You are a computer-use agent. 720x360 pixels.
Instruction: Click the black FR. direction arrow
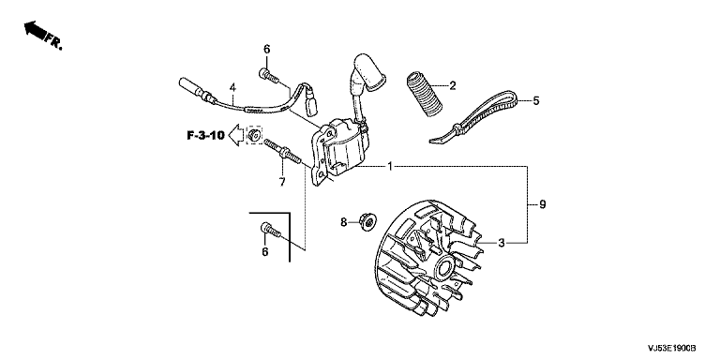[x=36, y=30]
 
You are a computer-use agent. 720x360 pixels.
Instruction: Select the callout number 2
[x=452, y=85]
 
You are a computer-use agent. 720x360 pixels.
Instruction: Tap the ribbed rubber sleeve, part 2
[x=423, y=94]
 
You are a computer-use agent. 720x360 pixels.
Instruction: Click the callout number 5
[x=536, y=101]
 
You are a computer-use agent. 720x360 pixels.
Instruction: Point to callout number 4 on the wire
[x=232, y=87]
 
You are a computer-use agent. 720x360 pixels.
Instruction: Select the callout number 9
[x=542, y=204]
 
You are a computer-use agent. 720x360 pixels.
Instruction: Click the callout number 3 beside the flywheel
[x=502, y=243]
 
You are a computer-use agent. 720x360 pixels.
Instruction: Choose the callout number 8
[x=343, y=223]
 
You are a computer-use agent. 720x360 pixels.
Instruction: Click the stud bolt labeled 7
[x=282, y=151]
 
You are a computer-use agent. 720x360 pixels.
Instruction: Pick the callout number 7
[x=282, y=182]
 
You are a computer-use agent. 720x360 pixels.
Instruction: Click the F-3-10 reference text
[x=205, y=135]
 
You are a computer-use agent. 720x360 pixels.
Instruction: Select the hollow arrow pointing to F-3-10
[x=236, y=135]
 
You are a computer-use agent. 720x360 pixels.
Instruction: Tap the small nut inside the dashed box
[x=253, y=135]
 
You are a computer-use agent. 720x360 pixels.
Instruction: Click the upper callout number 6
[x=267, y=49]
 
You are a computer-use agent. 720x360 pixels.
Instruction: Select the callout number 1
[x=390, y=166]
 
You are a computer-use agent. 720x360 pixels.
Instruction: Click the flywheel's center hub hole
[x=446, y=267]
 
